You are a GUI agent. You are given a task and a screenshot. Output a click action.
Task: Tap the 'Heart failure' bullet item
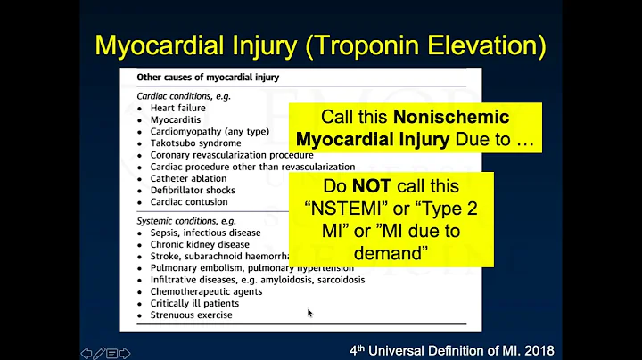pyautogui.click(x=178, y=108)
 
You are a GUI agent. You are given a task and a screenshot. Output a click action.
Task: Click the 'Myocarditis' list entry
pyautogui.click(x=177, y=119)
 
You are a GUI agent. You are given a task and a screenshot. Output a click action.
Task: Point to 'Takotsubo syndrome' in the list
pyautogui.click(x=195, y=143)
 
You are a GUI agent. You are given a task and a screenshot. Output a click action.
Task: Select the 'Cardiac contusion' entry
pyautogui.click(x=190, y=201)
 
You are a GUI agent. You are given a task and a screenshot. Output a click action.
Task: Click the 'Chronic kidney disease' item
pyautogui.click(x=200, y=244)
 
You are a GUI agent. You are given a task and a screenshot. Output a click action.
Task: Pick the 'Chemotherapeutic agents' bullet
pyautogui.click(x=204, y=291)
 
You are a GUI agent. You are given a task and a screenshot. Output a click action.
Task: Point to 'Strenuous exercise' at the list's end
pyautogui.click(x=191, y=315)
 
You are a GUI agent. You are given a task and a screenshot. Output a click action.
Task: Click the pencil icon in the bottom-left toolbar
pyautogui.click(x=99, y=352)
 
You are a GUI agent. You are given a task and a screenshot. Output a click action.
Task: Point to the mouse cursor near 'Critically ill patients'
pyautogui.click(x=309, y=313)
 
